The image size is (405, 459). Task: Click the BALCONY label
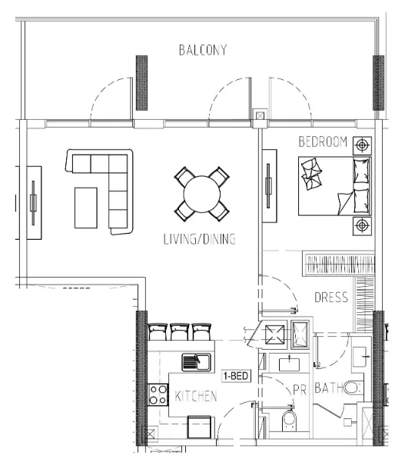coord(203,50)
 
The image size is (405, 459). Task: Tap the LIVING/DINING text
coord(199,239)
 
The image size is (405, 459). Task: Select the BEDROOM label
coord(323,141)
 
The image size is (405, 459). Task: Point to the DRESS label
coord(331,298)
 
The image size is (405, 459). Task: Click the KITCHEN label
coord(196,396)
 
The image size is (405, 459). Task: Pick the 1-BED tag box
coord(236,375)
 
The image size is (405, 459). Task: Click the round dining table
coord(202,194)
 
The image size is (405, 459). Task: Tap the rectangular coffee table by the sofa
coord(86,208)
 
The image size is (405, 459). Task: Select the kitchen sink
coord(196,362)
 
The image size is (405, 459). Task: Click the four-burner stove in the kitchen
coord(158,394)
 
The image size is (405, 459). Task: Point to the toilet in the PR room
coord(290,421)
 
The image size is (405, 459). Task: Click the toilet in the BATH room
coord(354,387)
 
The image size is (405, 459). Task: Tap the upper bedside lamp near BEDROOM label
coord(362,145)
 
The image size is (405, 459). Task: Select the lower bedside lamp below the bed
coord(362,226)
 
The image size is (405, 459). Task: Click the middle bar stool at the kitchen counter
coord(179,331)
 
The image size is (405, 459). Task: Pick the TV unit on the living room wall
coord(34,203)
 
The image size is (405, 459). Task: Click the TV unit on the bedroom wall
coord(269,186)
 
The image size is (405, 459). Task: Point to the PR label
coord(300,390)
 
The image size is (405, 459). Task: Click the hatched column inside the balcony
coord(141,83)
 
